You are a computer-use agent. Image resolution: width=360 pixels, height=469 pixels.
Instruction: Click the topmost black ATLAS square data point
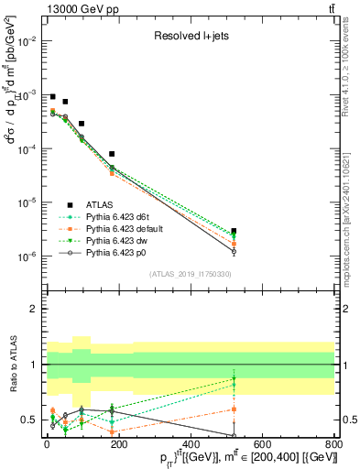click(x=53, y=96)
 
